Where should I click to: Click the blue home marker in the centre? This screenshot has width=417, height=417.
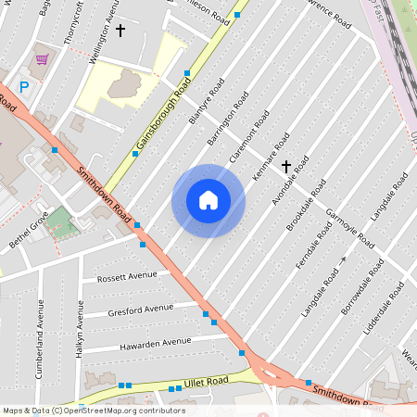(x=208, y=200)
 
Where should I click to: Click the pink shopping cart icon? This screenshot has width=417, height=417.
(x=42, y=59)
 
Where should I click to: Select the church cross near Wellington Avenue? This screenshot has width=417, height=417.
(x=120, y=31)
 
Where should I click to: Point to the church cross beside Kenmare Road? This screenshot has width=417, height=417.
(x=286, y=167)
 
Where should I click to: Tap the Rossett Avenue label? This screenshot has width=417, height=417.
(x=128, y=276)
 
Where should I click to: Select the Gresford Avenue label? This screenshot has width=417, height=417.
(x=140, y=309)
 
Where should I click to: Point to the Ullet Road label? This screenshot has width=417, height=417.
(x=205, y=382)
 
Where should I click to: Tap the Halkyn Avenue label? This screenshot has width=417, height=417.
(x=81, y=325)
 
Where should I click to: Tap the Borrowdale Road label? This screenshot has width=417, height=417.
(x=362, y=286)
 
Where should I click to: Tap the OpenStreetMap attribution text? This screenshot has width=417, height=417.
(x=93, y=411)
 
